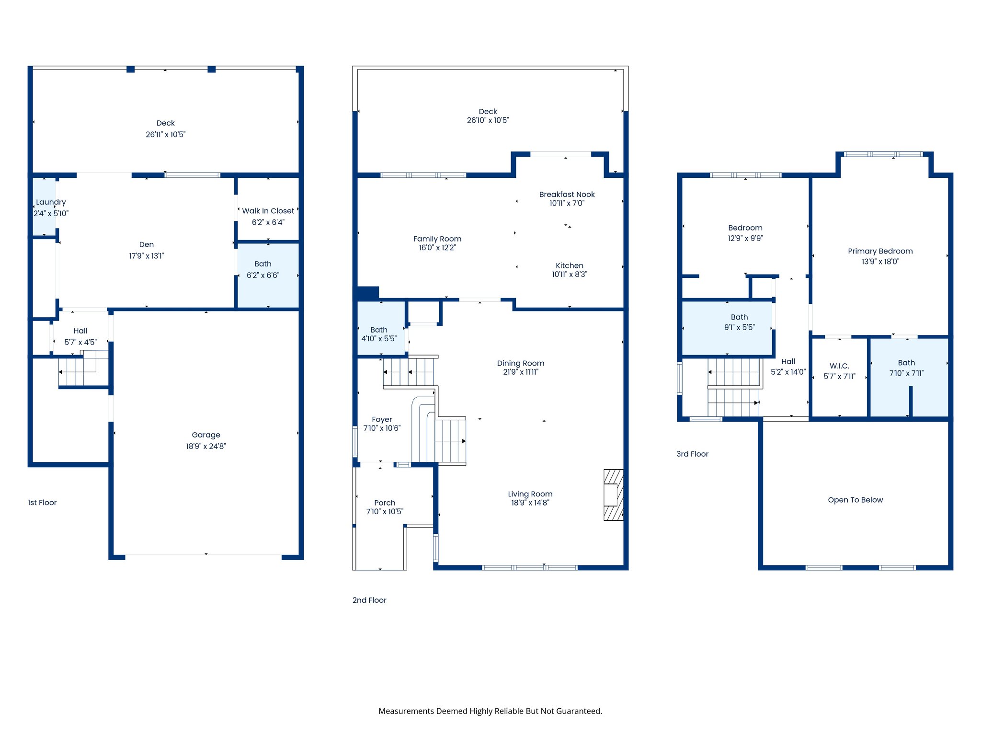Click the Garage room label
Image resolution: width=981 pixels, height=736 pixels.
[x=206, y=435]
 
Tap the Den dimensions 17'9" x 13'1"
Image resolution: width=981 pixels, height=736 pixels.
[x=146, y=256]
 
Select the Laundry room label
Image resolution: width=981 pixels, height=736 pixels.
[x=51, y=202]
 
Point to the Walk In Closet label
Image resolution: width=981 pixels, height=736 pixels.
[x=268, y=211]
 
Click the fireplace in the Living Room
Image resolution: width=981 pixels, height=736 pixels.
[x=613, y=495]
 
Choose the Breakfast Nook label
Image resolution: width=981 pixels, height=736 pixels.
[x=567, y=195]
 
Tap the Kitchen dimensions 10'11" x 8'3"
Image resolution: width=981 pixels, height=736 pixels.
[x=569, y=275]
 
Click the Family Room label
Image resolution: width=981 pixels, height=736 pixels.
[x=437, y=239]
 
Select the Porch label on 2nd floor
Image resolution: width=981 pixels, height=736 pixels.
[x=385, y=503]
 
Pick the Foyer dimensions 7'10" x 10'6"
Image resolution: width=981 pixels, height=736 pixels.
[x=381, y=428]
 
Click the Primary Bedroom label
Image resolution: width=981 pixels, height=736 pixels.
[x=880, y=251]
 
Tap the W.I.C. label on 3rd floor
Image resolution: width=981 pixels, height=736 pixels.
[x=839, y=366]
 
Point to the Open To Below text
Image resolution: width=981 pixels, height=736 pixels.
[x=855, y=500]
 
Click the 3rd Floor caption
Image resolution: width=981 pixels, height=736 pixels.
[x=692, y=454]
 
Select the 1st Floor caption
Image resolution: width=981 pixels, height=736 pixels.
[x=42, y=503]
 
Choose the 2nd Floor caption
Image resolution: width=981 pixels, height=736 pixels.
[x=369, y=600]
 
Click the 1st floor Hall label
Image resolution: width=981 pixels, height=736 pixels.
[x=80, y=331]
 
